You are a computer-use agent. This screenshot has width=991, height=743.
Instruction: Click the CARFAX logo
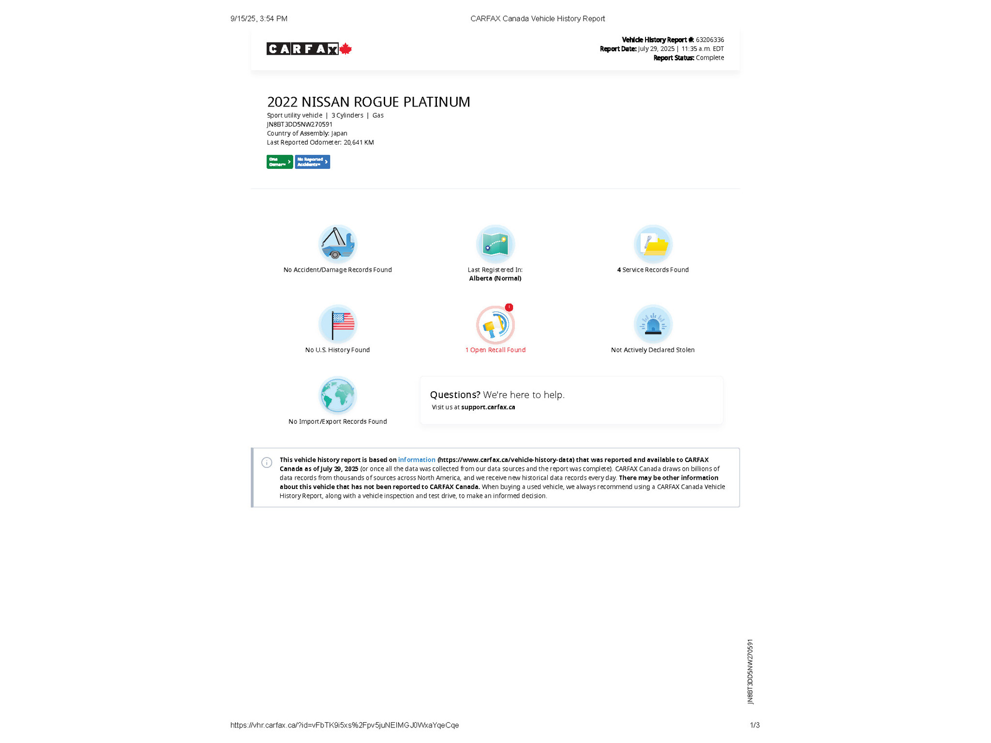302,49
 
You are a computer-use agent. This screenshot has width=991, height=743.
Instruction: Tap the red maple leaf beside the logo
345,49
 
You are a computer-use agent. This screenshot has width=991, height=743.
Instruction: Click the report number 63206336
710,40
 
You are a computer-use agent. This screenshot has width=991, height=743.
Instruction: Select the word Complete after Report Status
710,58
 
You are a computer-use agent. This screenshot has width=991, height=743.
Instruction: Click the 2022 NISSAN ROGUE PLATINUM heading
368,102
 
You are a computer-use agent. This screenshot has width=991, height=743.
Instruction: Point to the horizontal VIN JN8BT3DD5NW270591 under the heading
300,124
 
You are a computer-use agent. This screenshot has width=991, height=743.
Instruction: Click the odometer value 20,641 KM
359,143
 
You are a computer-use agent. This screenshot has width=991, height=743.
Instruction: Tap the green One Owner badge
279,162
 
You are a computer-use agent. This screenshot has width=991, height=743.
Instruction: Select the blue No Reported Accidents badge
312,162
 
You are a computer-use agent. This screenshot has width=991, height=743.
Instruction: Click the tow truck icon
337,244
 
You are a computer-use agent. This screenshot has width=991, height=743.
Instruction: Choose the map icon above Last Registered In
495,244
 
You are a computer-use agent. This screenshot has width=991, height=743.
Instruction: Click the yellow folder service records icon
653,244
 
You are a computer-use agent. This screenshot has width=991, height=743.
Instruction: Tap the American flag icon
337,324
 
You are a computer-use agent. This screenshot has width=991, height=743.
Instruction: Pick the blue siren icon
653,324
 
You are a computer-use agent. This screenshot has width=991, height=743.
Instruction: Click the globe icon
337,395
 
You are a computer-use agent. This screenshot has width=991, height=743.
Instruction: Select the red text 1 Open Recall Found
495,350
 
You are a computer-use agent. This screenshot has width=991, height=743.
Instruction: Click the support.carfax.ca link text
488,407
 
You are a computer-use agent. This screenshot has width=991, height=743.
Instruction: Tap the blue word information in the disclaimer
417,460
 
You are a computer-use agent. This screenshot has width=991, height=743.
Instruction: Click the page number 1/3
754,725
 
